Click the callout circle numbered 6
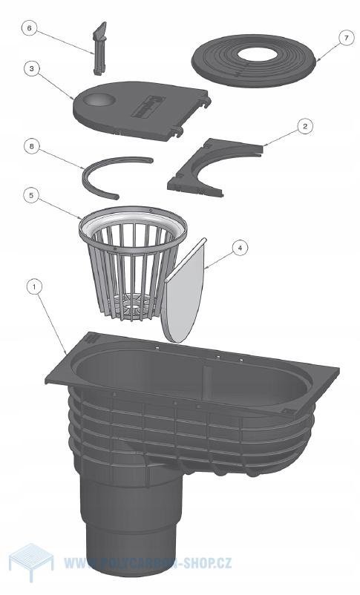point(29,28)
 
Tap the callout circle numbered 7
point(346,39)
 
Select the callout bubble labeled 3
point(31,69)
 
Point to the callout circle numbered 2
point(305,126)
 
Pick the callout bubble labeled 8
point(31,146)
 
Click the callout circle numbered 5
point(30,195)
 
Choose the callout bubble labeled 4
point(240,248)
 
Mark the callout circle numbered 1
point(35,287)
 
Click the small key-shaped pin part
point(99,47)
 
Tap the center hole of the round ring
point(257,54)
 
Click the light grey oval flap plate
point(186,290)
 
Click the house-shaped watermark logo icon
point(31,562)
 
